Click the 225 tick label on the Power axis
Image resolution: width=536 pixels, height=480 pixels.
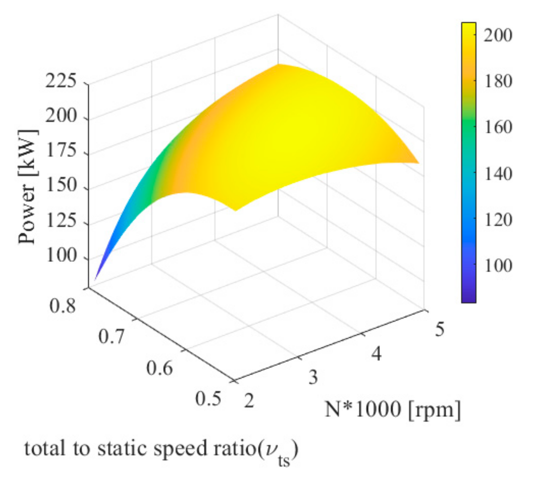click(x=61, y=81)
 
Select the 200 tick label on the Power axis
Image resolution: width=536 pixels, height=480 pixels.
click(x=61, y=116)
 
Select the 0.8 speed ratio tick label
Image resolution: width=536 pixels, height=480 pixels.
click(x=63, y=306)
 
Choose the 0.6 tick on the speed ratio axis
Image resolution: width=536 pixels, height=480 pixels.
click(x=159, y=368)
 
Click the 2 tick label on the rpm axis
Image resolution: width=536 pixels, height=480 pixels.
click(x=249, y=401)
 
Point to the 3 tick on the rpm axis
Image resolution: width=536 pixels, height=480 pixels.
click(x=313, y=377)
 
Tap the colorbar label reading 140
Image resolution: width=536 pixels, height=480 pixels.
click(x=498, y=174)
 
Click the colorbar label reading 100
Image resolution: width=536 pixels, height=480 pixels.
click(x=498, y=266)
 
